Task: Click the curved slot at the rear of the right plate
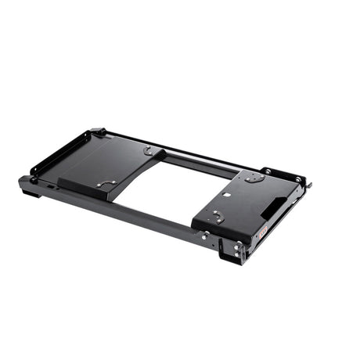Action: (252, 178)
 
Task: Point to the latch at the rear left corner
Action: (99, 132)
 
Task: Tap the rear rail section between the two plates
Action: (196, 160)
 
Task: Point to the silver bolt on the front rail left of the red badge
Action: (205, 234)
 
